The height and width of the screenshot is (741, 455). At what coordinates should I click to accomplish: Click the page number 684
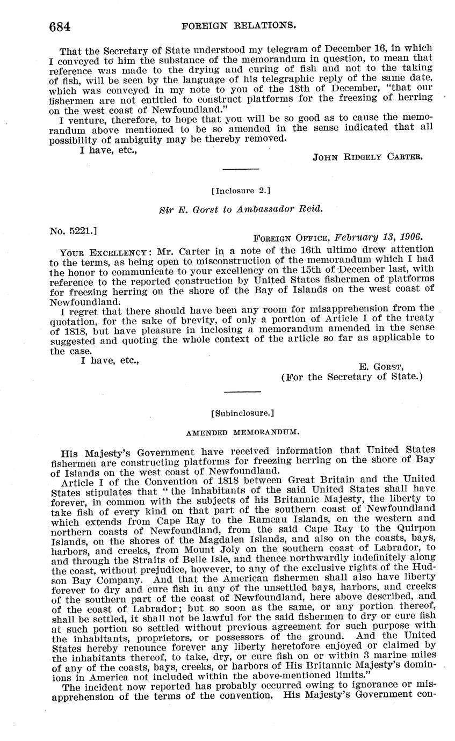60,25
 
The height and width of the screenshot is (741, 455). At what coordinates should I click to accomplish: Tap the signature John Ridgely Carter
368,157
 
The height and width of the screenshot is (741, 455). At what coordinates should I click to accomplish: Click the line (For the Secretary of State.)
352,376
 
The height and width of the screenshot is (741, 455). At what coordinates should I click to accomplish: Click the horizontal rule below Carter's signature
241,170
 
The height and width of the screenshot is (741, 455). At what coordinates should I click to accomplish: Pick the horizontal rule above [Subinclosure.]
242,391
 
